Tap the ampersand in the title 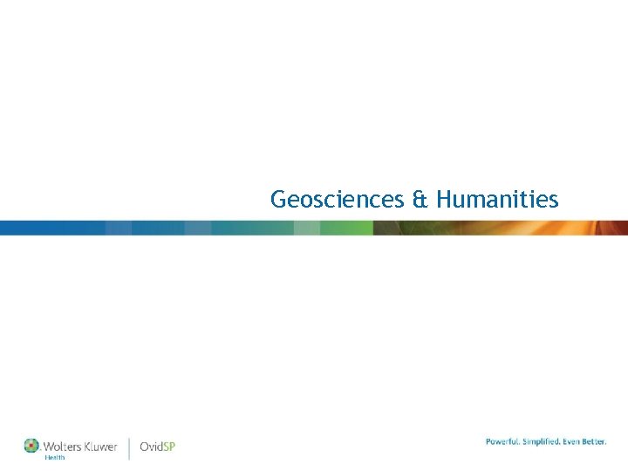pyautogui.click(x=420, y=200)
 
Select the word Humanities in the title pyautogui.click(x=497, y=200)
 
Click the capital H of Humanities pyautogui.click(x=444, y=200)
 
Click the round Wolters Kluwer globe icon pyautogui.click(x=31, y=446)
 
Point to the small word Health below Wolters pyautogui.click(x=54, y=457)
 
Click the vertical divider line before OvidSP pyautogui.click(x=129, y=448)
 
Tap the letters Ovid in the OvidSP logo pyautogui.click(x=151, y=447)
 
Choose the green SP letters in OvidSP pyautogui.click(x=169, y=447)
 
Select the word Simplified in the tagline pyautogui.click(x=544, y=442)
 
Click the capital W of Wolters pyautogui.click(x=49, y=447)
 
